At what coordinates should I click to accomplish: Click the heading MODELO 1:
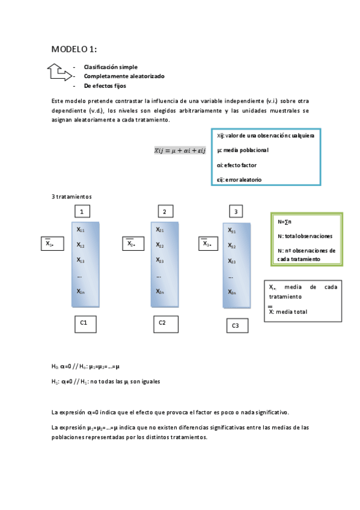[74, 49]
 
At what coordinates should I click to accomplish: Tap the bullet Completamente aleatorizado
[124, 76]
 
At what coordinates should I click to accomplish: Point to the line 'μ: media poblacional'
[243, 150]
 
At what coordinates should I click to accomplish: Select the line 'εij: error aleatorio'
[239, 179]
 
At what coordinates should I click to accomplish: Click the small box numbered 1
[82, 211]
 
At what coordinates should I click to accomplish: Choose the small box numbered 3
[236, 212]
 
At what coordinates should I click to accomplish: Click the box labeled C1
[84, 324]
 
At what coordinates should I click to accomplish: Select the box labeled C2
[162, 324]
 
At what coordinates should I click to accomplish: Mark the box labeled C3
[236, 326]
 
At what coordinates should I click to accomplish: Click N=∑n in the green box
[285, 222]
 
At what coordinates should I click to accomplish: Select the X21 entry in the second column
[160, 230]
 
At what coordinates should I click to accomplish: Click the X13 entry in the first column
[81, 260]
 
